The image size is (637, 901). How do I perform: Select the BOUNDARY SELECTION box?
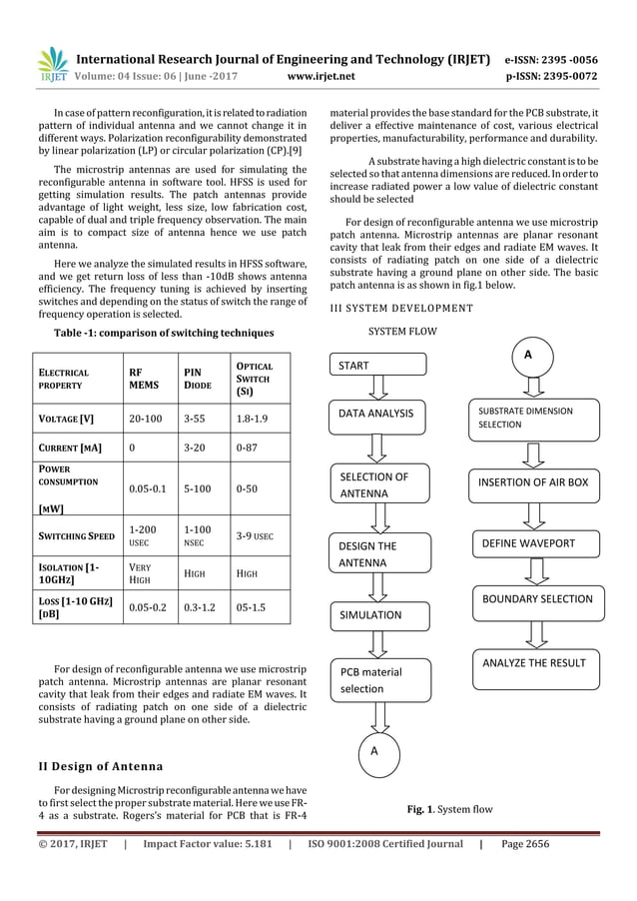(x=537, y=599)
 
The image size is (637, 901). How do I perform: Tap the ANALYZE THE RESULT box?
(x=534, y=662)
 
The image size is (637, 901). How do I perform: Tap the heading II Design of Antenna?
(x=102, y=767)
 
